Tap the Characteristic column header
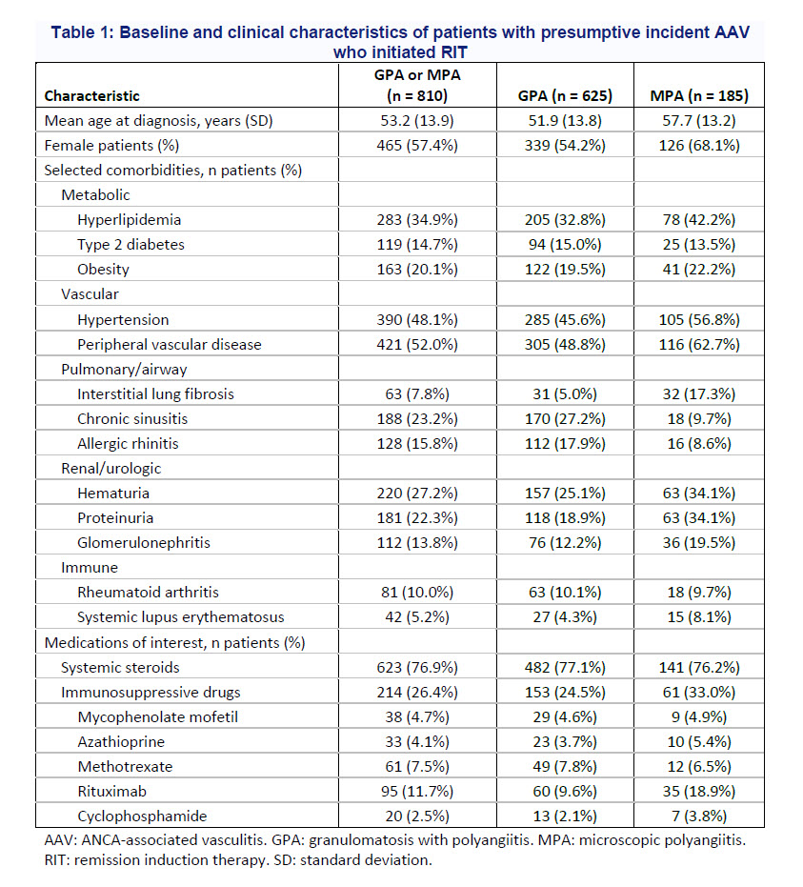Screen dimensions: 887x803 click(x=92, y=95)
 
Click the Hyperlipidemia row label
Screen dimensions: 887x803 click(x=130, y=219)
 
